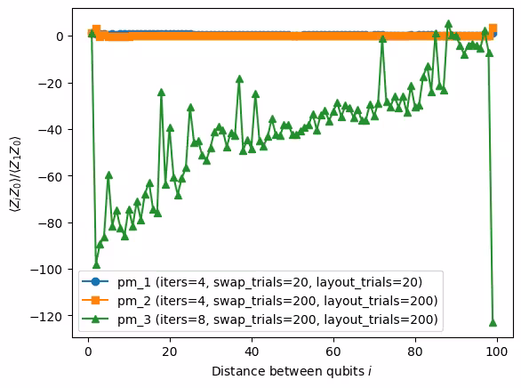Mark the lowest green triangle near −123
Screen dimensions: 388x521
493,322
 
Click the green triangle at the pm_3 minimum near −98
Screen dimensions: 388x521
96,264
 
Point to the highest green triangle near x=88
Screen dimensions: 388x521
448,24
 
